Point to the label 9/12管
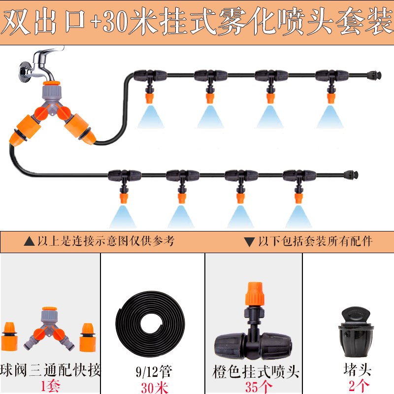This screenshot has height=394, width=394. [152, 370]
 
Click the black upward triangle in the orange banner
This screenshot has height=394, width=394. [30, 242]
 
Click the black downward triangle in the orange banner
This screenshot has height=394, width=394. [249, 242]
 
